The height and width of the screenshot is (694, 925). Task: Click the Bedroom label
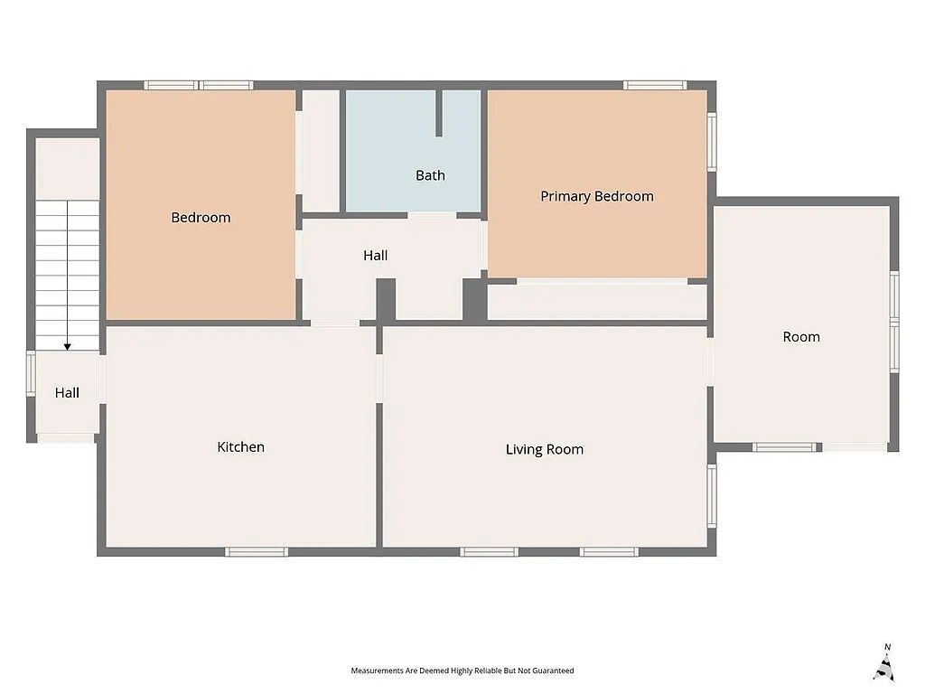[x=201, y=218]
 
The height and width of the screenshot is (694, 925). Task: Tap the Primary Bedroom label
[x=597, y=196]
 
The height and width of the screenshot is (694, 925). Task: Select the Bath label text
[x=430, y=175]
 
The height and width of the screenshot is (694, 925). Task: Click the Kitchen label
[x=241, y=447]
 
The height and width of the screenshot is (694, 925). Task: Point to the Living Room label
[x=544, y=449]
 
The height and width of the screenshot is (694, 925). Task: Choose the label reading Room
[x=801, y=337]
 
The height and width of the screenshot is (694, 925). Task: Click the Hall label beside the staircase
[x=67, y=393]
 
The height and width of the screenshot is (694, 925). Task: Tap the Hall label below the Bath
[x=376, y=256]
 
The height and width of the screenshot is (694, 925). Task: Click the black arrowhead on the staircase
[x=67, y=346]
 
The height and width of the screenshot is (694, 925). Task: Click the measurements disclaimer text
[x=462, y=671]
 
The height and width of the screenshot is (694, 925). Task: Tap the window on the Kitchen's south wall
[x=257, y=551]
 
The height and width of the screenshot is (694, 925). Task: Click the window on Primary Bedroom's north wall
[x=655, y=86]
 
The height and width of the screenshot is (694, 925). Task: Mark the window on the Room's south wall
[x=786, y=446]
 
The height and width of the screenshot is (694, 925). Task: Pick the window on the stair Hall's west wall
[x=31, y=374]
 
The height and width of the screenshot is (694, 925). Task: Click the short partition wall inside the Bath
[x=439, y=113]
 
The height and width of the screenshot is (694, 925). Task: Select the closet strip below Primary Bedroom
[x=596, y=303]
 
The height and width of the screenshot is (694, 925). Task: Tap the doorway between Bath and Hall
[x=432, y=215]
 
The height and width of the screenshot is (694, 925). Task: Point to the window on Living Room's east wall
[x=712, y=497]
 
